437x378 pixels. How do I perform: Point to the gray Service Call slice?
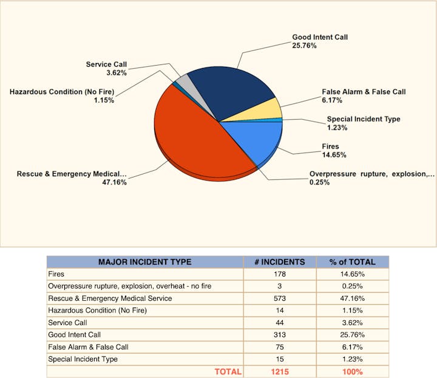183,84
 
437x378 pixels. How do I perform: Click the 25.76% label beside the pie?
304,46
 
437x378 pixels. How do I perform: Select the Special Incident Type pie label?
363,119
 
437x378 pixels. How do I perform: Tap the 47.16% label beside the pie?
114,182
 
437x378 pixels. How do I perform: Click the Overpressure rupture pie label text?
371,174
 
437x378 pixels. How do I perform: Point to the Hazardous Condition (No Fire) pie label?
62,92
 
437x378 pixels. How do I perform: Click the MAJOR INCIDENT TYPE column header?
144,262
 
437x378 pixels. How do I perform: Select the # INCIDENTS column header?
279,262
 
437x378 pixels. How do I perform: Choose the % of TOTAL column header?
352,262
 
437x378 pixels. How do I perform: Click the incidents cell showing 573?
279,298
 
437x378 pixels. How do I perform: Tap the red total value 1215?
279,371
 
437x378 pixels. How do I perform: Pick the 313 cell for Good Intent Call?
279,335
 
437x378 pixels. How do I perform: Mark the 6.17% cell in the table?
352,347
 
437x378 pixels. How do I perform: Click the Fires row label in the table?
56,274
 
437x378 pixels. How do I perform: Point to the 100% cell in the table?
352,371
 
